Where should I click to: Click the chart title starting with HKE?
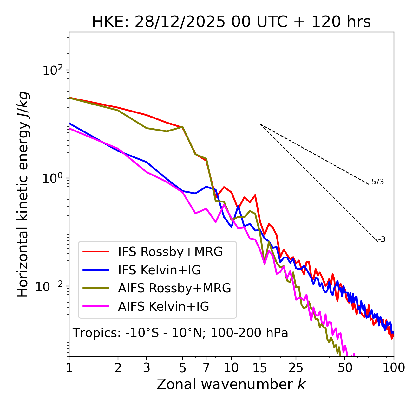point(231,22)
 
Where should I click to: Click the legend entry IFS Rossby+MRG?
point(170,252)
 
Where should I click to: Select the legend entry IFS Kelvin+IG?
point(159,270)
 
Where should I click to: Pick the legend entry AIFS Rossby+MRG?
point(174,288)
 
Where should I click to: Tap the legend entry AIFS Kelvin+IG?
point(163,307)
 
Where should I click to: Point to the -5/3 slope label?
point(377,182)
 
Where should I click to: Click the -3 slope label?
point(382,239)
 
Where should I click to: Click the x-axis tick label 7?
point(206,368)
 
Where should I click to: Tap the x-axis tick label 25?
point(296,368)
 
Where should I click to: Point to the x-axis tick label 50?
point(345,368)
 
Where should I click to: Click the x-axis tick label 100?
point(393,368)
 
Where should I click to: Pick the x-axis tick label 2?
point(118,368)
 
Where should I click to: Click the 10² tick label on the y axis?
point(53,70)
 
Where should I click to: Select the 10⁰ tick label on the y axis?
point(53,178)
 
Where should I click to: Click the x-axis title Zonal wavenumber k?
point(231,384)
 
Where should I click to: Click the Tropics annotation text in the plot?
point(180,333)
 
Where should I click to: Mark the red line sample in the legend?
point(95,252)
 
